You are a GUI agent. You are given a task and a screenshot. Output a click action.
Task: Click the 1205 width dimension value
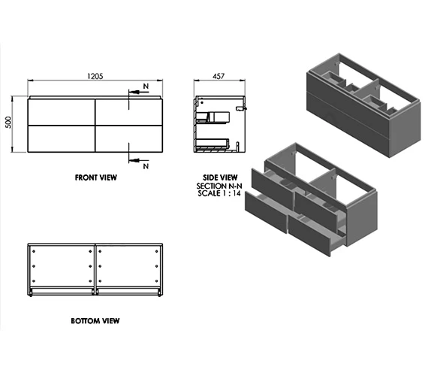(x=95, y=75)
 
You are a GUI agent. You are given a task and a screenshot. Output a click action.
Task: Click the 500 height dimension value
(x=10, y=123)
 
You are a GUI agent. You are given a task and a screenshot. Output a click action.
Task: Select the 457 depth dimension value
(x=220, y=76)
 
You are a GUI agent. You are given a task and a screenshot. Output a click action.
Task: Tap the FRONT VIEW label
(x=96, y=178)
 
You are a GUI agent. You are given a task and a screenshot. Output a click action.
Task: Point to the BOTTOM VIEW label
(x=95, y=320)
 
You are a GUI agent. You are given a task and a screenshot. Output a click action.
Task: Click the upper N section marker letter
(x=145, y=88)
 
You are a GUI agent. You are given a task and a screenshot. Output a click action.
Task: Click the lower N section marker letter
(x=145, y=163)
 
